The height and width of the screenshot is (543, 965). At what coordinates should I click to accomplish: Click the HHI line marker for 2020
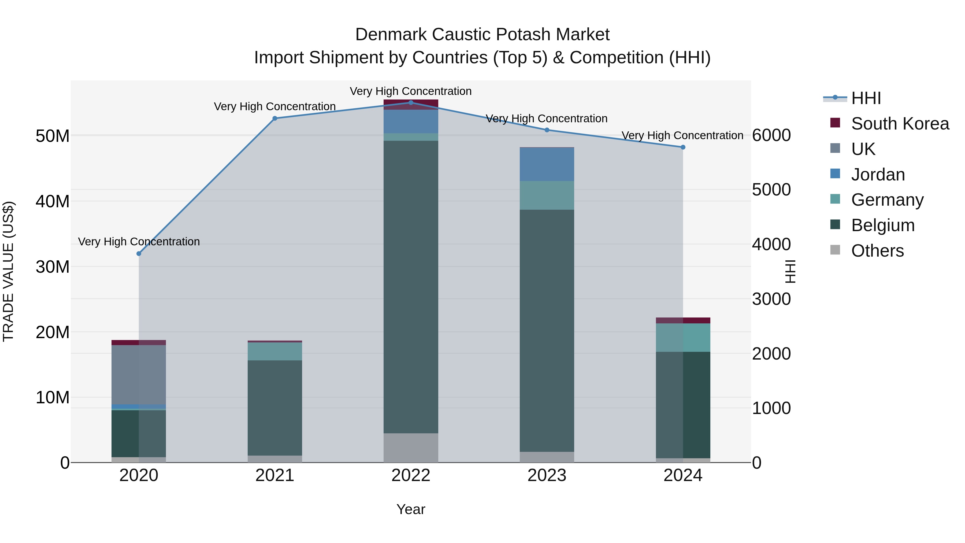pyautogui.click(x=139, y=254)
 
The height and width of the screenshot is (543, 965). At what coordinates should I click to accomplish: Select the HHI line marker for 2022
pyautogui.click(x=411, y=103)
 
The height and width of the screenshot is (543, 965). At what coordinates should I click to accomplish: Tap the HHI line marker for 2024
pyautogui.click(x=683, y=147)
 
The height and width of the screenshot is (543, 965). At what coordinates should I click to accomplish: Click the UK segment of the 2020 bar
pyautogui.click(x=139, y=375)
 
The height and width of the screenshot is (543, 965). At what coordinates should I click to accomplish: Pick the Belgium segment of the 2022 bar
pyautogui.click(x=411, y=287)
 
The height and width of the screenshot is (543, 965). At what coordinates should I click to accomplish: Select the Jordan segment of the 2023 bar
pyautogui.click(x=547, y=164)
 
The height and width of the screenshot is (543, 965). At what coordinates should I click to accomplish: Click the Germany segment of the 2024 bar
pyautogui.click(x=683, y=338)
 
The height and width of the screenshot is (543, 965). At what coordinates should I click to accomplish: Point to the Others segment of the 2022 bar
pyautogui.click(x=411, y=448)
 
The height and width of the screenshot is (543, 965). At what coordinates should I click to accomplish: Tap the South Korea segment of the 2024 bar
pyautogui.click(x=683, y=320)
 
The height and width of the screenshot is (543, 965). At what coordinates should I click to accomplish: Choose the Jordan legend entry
pyautogui.click(x=878, y=175)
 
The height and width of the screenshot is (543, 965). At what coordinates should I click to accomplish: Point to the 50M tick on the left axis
pyautogui.click(x=53, y=136)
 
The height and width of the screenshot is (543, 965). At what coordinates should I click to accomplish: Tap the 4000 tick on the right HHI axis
pyautogui.click(x=771, y=244)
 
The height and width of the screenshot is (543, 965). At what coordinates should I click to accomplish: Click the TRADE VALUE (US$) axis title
pyautogui.click(x=8, y=271)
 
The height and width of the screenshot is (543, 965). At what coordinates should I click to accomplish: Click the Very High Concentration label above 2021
pyautogui.click(x=274, y=106)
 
